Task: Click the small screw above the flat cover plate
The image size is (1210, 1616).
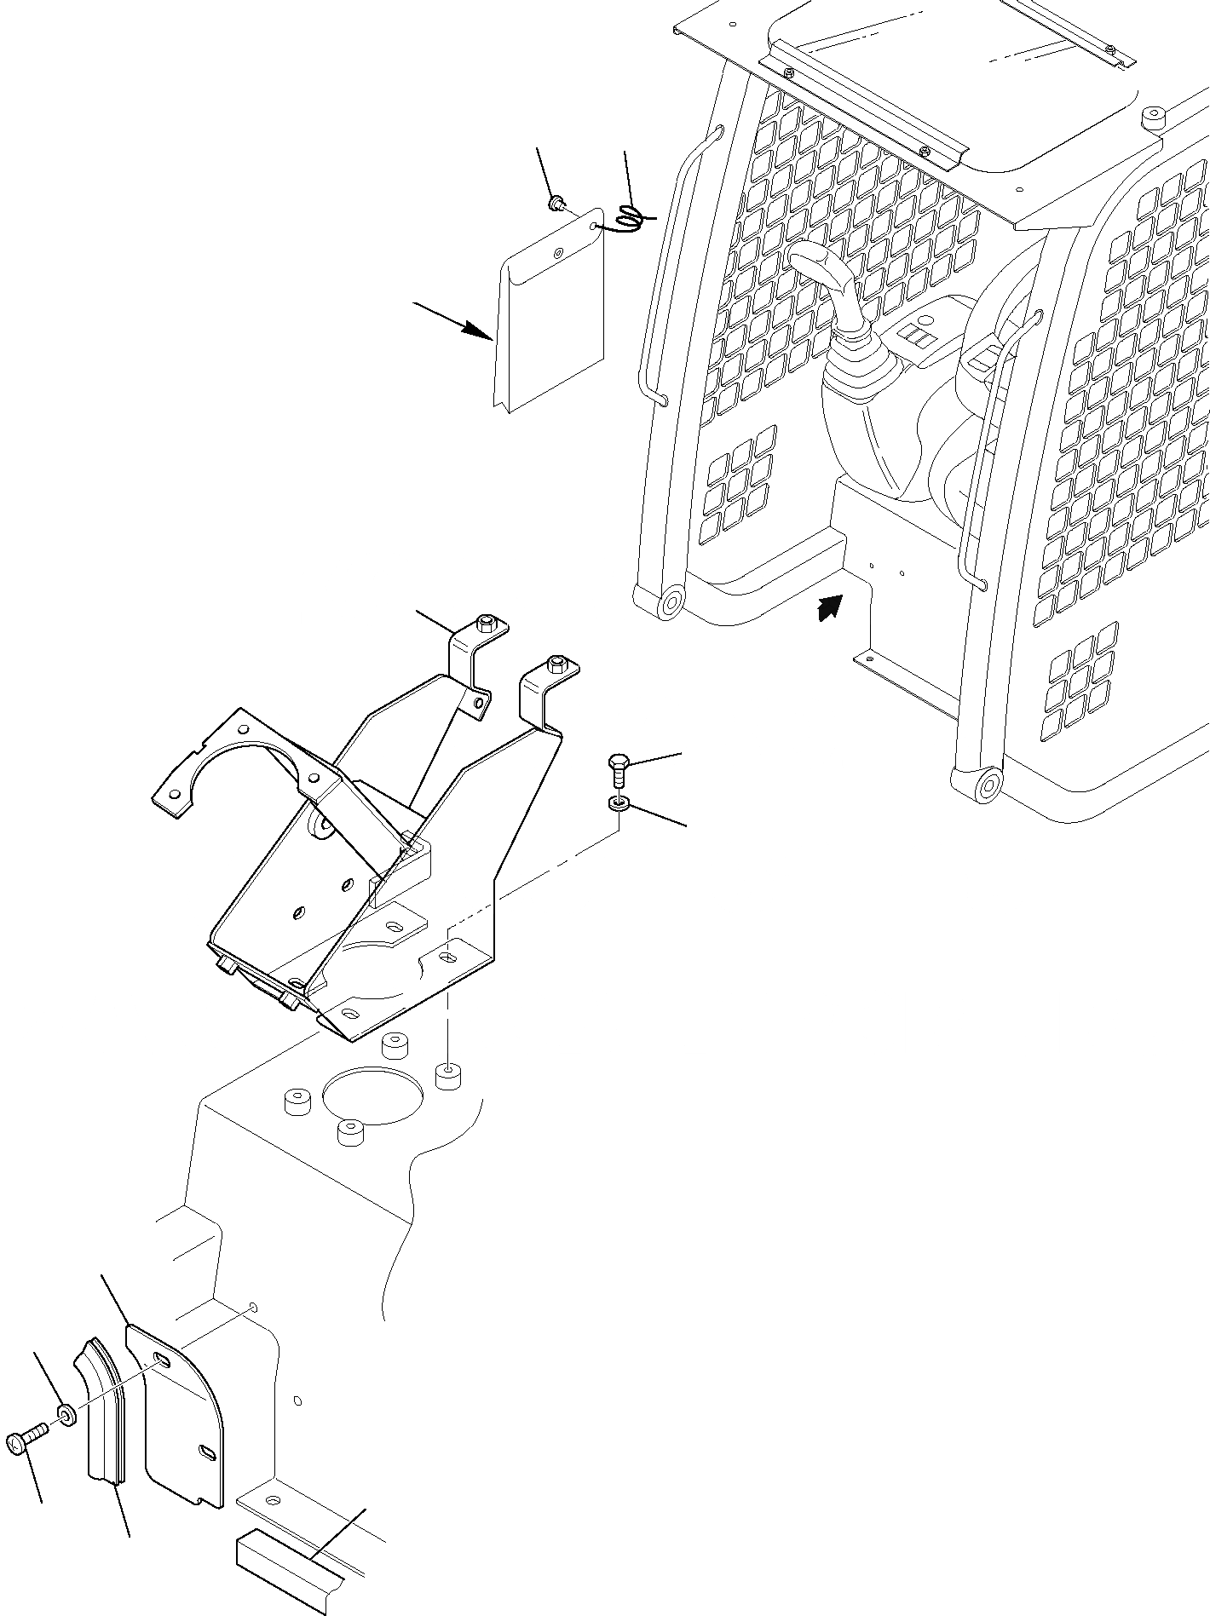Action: pyautogui.click(x=556, y=203)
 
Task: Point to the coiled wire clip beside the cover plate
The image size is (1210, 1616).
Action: pyautogui.click(x=631, y=219)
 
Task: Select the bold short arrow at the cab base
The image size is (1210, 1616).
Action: pyautogui.click(x=829, y=607)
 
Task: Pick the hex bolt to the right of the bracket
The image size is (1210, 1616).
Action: pyautogui.click(x=619, y=770)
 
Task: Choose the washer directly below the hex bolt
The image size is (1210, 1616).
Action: pyautogui.click(x=619, y=803)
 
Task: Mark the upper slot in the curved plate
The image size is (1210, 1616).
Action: pyautogui.click(x=162, y=1360)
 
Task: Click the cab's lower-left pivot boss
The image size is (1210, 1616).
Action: pyautogui.click(x=670, y=602)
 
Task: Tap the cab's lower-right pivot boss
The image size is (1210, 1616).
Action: pyautogui.click(x=986, y=784)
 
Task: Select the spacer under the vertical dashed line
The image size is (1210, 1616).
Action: pyautogui.click(x=448, y=1075)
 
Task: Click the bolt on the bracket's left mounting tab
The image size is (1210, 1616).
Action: pyautogui.click(x=486, y=624)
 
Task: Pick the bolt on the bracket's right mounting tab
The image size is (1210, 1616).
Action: pyautogui.click(x=556, y=662)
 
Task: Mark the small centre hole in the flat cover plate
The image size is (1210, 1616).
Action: pyautogui.click(x=558, y=253)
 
